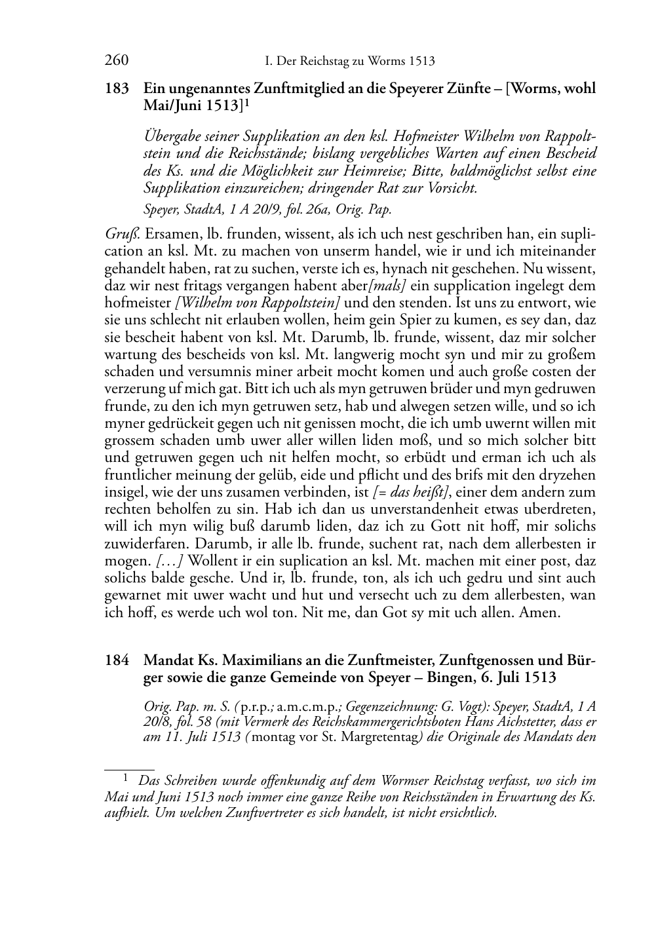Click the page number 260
(x=116, y=61)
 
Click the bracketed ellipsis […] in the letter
(x=169, y=561)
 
